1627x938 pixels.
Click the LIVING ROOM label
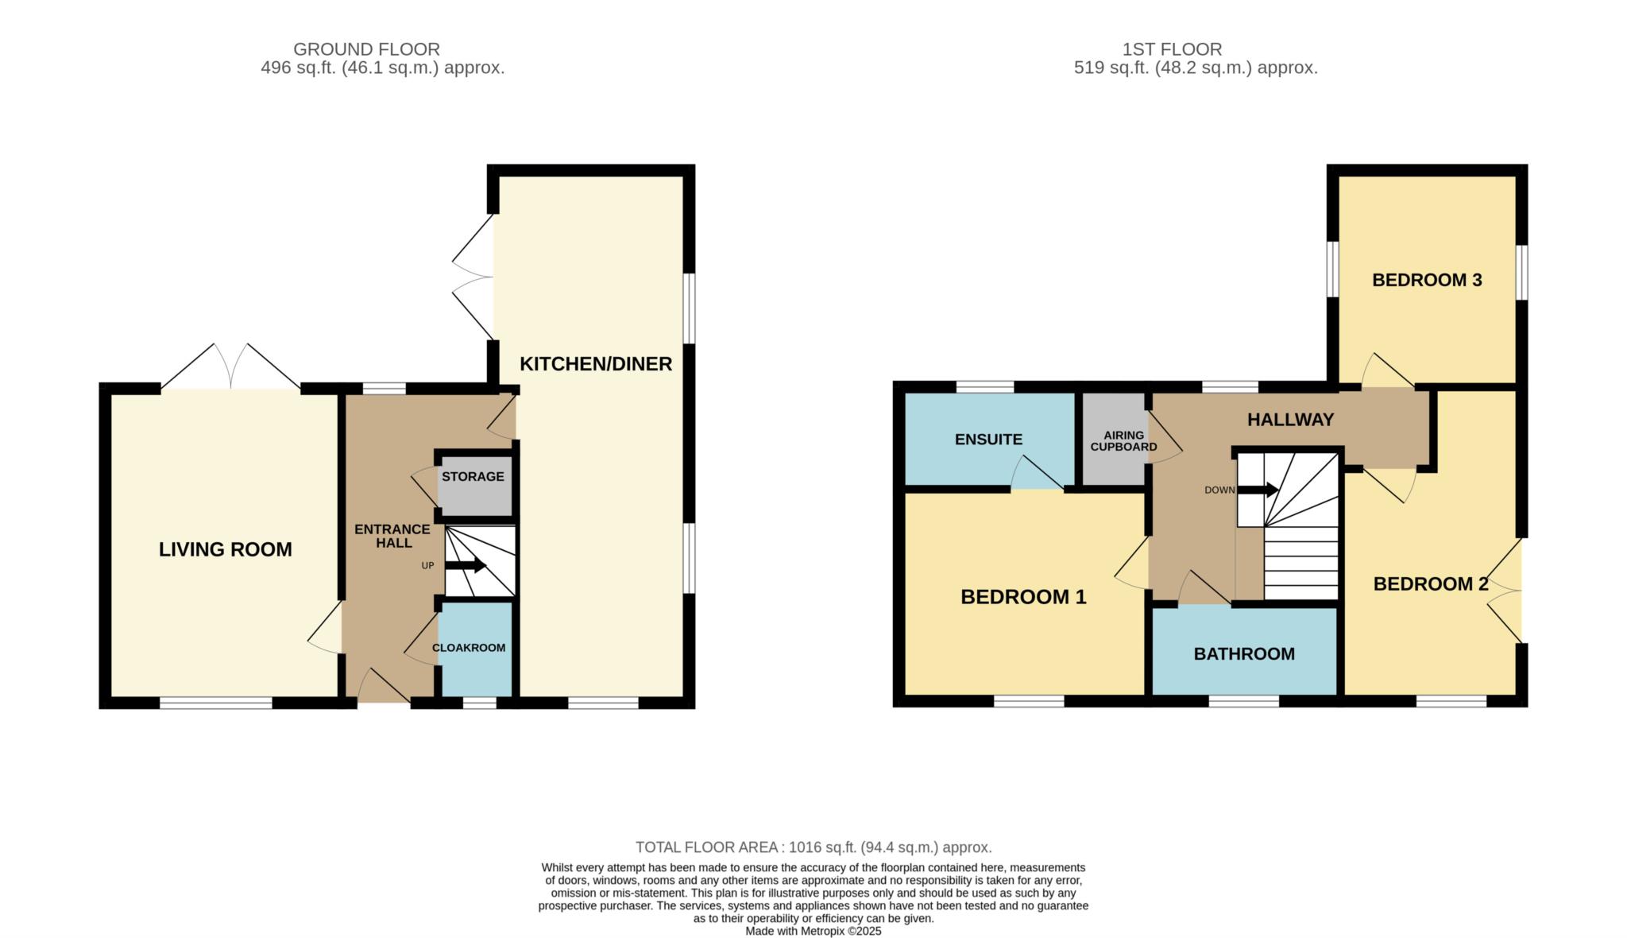[x=226, y=549]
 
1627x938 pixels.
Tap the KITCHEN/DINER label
[x=596, y=364]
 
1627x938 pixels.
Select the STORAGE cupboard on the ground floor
[x=473, y=486]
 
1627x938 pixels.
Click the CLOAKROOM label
[x=469, y=648]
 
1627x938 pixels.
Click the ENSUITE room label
[x=988, y=440]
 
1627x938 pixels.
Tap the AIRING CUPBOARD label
[x=1123, y=441]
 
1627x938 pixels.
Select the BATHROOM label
[x=1244, y=654]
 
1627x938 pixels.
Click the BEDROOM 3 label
[x=1427, y=280]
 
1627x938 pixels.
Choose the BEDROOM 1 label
[x=1023, y=597]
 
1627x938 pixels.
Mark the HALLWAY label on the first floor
[x=1290, y=420]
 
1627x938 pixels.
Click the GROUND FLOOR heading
[x=366, y=49]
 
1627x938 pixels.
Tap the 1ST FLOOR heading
[x=1172, y=49]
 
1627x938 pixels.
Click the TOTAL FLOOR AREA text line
[x=813, y=847]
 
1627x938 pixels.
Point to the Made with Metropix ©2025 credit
[x=813, y=931]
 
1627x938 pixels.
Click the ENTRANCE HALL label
[x=392, y=536]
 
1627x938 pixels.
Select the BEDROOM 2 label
[x=1431, y=584]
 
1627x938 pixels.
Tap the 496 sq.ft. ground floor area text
[x=383, y=68]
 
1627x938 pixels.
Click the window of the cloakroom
[x=480, y=703]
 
